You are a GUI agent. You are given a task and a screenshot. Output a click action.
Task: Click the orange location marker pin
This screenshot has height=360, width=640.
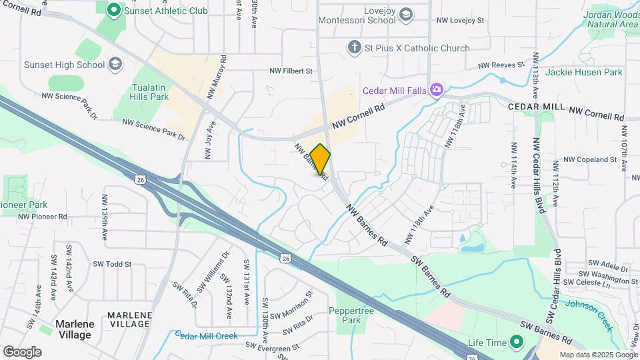(x=321, y=159)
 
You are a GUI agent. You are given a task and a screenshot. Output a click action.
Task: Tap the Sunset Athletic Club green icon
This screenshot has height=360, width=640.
(x=113, y=10)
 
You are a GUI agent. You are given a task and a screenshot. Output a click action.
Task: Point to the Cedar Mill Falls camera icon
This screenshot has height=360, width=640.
(x=436, y=89)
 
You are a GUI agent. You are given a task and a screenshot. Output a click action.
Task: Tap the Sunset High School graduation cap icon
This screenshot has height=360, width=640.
(x=115, y=64)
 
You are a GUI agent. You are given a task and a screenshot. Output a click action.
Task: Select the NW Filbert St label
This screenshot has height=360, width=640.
(x=291, y=71)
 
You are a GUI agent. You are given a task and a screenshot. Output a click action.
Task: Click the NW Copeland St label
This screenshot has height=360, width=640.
(x=589, y=160)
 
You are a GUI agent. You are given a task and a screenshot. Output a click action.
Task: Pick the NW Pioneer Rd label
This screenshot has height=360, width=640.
(x=43, y=217)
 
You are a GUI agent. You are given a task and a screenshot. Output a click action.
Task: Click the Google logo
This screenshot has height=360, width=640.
(x=22, y=351)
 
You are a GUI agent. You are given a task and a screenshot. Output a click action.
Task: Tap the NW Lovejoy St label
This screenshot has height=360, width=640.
(x=460, y=21)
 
